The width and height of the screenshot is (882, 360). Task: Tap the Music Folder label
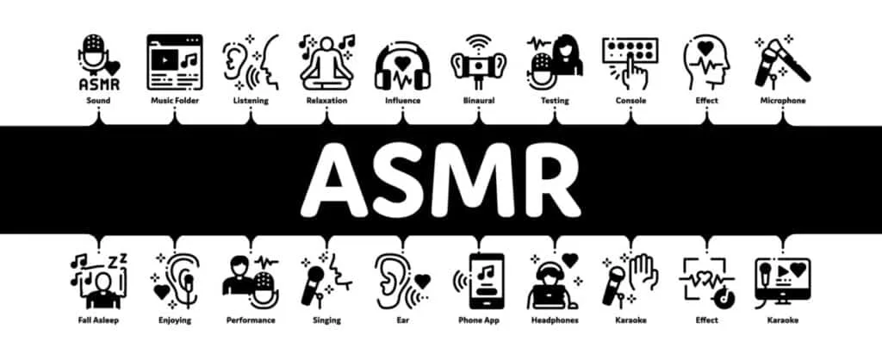(x=175, y=101)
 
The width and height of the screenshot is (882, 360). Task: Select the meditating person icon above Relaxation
(x=326, y=63)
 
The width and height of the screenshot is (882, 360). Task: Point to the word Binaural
(x=479, y=101)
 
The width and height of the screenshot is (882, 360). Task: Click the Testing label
(x=555, y=101)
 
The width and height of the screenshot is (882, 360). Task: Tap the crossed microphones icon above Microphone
(x=782, y=61)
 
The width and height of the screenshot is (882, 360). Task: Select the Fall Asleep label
(x=98, y=320)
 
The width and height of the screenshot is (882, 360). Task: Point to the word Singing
(x=326, y=320)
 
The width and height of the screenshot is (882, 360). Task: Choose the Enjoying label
(x=175, y=320)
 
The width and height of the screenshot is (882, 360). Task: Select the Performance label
(x=251, y=320)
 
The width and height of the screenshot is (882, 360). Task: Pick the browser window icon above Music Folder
(x=175, y=62)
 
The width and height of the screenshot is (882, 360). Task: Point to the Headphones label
(x=555, y=320)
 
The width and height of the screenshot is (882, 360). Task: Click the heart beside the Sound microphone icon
(x=113, y=68)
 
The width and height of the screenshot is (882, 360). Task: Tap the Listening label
(x=251, y=102)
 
